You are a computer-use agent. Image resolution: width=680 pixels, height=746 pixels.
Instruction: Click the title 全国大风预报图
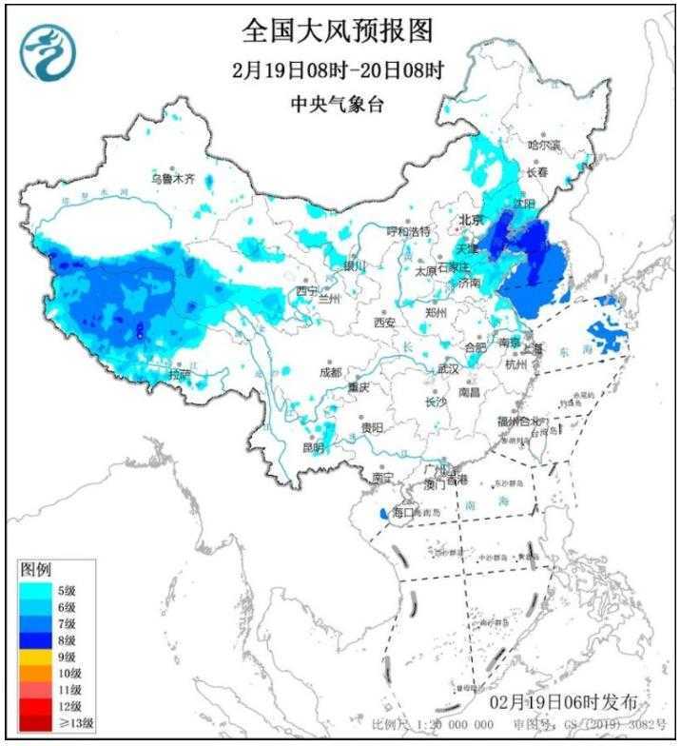(x=338, y=31)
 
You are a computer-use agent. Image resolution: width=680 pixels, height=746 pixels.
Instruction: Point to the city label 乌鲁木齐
(x=173, y=178)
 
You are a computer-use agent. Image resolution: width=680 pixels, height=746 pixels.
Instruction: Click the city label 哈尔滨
(x=544, y=146)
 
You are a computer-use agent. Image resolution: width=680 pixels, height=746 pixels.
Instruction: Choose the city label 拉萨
(x=180, y=375)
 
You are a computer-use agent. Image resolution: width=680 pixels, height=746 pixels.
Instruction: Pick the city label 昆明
(x=313, y=447)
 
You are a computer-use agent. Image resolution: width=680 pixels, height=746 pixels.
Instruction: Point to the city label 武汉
(x=447, y=368)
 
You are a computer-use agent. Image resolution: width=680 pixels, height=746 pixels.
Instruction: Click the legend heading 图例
(x=35, y=570)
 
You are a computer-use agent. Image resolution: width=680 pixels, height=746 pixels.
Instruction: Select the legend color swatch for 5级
(x=36, y=591)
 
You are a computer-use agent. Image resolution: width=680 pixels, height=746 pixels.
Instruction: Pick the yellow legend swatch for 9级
(x=36, y=657)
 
